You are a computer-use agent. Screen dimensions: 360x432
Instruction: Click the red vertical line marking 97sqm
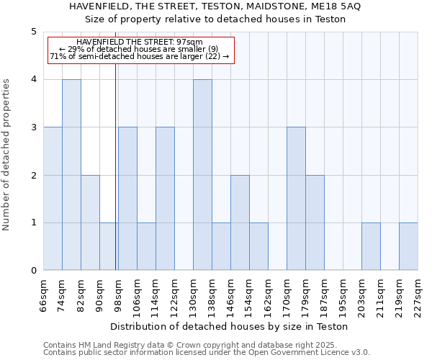tap(116, 166)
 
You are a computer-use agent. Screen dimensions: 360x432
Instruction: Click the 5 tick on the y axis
tap(34, 32)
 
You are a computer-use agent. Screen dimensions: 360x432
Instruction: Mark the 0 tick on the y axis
tap(34, 271)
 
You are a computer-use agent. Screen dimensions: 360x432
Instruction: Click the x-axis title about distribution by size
tap(230, 326)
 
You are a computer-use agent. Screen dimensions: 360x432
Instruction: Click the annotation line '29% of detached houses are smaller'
tap(139, 49)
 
